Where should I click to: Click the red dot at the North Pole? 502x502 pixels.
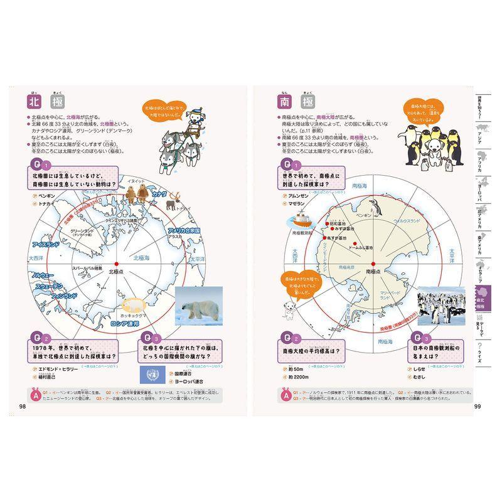coord(117,263)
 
